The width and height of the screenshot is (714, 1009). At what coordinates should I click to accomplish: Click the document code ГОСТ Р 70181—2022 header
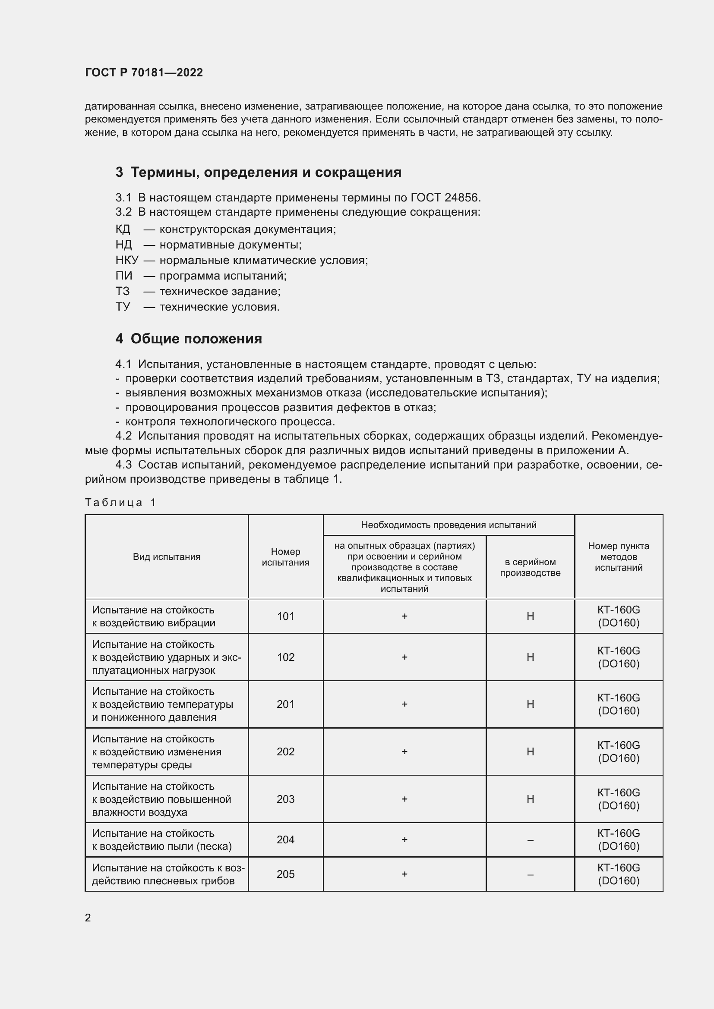click(x=144, y=72)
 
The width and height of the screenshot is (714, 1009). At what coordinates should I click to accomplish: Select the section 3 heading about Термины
click(x=259, y=172)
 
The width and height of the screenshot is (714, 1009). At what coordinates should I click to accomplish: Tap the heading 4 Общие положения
click(x=189, y=338)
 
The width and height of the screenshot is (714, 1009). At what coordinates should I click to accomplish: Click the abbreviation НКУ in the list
click(x=126, y=260)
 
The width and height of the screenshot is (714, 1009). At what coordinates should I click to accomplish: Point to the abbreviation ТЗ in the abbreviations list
click(x=123, y=291)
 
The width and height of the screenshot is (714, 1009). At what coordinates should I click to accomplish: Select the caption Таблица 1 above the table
click(x=120, y=502)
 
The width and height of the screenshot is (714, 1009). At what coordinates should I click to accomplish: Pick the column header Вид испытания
click(x=167, y=557)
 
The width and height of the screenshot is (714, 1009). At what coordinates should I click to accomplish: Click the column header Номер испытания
click(x=285, y=557)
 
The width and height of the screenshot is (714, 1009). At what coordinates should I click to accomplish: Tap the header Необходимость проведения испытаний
click(x=449, y=525)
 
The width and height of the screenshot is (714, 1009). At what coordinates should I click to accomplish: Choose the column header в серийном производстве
click(x=530, y=567)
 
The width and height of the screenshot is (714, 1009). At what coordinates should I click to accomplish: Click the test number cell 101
click(x=285, y=616)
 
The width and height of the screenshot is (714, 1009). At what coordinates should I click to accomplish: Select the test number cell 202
click(x=285, y=751)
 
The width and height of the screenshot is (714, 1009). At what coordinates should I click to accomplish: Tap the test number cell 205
click(x=285, y=874)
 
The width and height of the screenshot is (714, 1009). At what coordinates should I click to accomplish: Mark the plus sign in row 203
click(x=404, y=799)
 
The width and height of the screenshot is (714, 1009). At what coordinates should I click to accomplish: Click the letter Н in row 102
click(x=530, y=657)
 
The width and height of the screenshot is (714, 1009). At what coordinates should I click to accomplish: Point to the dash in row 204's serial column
click(x=530, y=840)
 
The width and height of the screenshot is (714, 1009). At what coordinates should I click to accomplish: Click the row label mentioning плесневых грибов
click(x=167, y=874)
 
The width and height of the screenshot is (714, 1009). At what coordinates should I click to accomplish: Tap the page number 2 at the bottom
click(x=88, y=918)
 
